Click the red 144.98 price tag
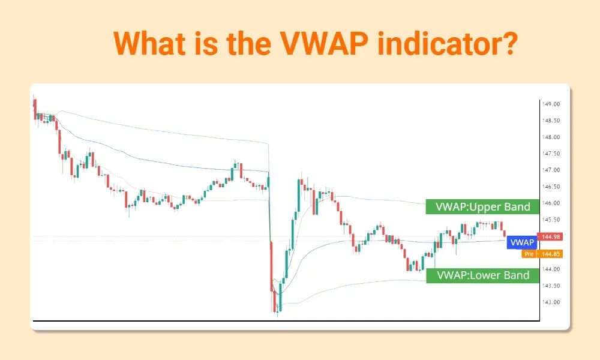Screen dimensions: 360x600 pos(550,237)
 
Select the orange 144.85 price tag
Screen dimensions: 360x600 pos(550,254)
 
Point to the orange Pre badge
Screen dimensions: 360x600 pos(528,254)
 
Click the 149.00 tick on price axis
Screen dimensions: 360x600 pos(551,104)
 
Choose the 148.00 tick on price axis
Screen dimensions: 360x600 pos(551,137)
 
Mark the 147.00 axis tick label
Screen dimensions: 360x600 pos(551,170)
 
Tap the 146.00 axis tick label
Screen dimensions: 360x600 pos(551,203)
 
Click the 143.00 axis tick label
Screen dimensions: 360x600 pos(551,302)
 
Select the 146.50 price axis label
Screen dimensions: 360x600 pos(551,187)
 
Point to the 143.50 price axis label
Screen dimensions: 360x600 pos(551,286)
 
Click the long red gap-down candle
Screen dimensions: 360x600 pos(272,264)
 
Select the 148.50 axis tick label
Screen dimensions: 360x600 pos(551,121)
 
